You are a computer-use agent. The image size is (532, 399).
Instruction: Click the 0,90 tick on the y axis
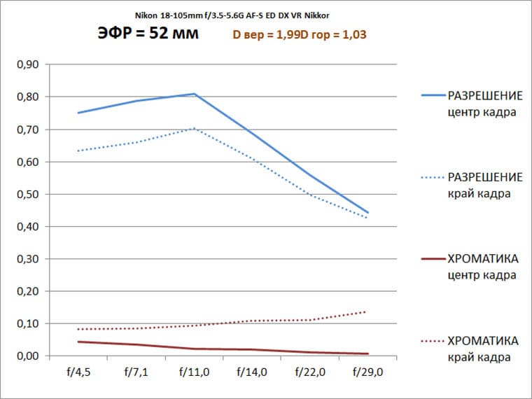[x=27, y=64]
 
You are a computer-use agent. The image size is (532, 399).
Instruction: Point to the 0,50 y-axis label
[x=27, y=194]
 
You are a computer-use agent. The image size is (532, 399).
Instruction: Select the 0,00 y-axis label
[x=27, y=356]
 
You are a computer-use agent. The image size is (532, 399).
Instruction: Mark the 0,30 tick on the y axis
[x=27, y=259]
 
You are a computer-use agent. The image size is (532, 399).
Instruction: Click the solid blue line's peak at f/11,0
[x=194, y=94]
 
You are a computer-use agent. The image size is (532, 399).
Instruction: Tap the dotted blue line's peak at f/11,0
[x=194, y=128]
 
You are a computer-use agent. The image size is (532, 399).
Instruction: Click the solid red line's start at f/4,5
[x=78, y=342]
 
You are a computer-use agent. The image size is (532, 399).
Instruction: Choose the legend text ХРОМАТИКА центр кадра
[x=484, y=267]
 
